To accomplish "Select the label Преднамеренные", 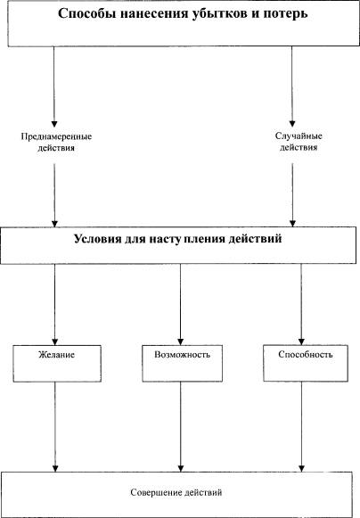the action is (x=56, y=136).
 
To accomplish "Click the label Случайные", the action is (x=299, y=136).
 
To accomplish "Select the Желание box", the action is (x=57, y=364).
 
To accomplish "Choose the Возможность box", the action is (x=183, y=364).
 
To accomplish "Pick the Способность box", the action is (x=306, y=363).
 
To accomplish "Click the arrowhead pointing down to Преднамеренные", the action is (x=54, y=124).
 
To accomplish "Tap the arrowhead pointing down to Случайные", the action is (x=292, y=124).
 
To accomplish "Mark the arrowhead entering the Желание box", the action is (x=55, y=342).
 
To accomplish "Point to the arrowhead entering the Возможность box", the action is (x=180, y=342).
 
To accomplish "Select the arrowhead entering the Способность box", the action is (x=301, y=341).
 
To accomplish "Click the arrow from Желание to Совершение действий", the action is (x=55, y=427).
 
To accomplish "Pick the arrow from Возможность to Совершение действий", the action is (x=181, y=427).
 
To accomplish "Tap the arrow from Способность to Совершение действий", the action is (x=301, y=426).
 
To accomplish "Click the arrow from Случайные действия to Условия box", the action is (x=292, y=195).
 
